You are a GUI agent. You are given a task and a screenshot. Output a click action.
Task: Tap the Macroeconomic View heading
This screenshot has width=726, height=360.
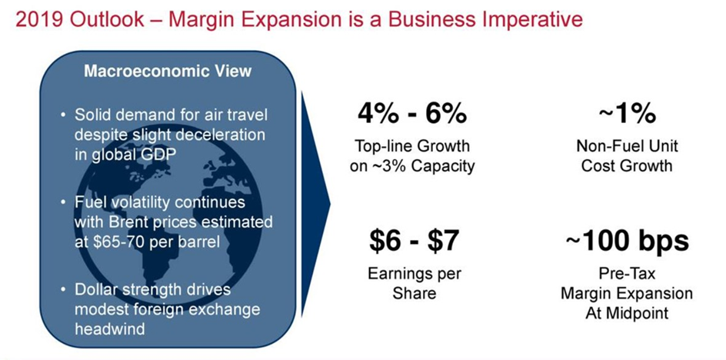[x=168, y=71]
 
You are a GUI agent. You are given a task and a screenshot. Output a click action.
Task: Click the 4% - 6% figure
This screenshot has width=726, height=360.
[x=411, y=114]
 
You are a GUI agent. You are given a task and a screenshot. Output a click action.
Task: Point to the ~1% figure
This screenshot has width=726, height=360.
[x=627, y=114]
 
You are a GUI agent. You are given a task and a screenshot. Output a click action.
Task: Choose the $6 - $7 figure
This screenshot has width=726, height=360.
[x=414, y=241]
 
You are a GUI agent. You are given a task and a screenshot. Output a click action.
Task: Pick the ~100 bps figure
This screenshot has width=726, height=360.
[x=627, y=241]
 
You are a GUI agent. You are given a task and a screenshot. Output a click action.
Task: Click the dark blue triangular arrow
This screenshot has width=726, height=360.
[x=315, y=203]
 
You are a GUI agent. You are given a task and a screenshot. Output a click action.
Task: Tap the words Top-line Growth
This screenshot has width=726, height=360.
[x=412, y=146]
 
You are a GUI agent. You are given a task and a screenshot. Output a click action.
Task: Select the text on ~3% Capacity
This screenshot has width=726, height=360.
[x=412, y=166]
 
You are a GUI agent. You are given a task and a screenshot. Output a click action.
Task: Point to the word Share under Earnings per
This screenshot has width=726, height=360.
[x=415, y=293]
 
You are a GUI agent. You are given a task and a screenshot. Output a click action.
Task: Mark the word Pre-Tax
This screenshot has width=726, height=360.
[x=627, y=273]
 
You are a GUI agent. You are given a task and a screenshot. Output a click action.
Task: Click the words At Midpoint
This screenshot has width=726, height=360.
[x=627, y=313]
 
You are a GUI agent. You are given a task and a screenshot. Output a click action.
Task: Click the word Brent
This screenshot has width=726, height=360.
[x=127, y=222]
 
